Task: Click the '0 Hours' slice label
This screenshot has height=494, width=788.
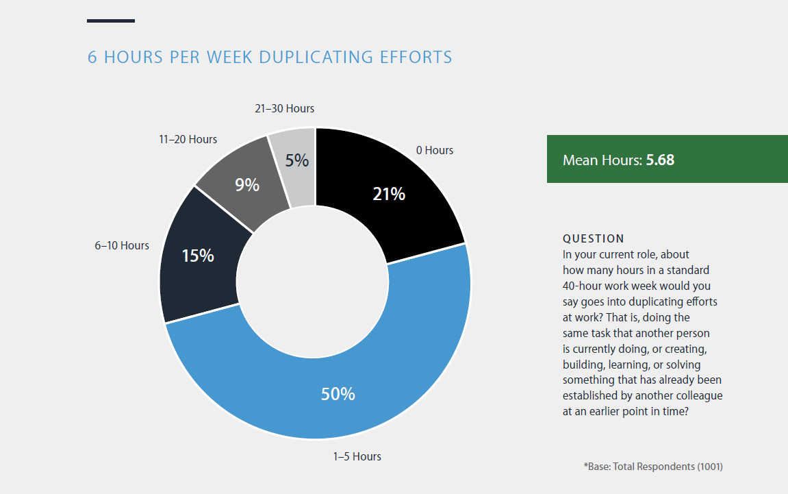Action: pyautogui.click(x=434, y=150)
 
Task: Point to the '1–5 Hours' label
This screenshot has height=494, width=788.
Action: pyautogui.click(x=357, y=456)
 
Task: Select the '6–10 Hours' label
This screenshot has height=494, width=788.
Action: pyautogui.click(x=122, y=245)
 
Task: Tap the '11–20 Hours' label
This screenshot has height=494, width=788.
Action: pyautogui.click(x=188, y=139)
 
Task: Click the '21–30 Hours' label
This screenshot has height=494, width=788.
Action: pyautogui.click(x=284, y=108)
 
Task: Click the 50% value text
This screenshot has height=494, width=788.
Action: pyautogui.click(x=338, y=394)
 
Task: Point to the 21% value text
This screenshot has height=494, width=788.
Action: pyautogui.click(x=389, y=195)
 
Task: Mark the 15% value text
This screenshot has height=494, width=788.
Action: pyautogui.click(x=198, y=256)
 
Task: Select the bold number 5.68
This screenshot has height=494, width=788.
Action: pyautogui.click(x=661, y=160)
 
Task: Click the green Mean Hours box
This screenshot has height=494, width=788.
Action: pyautogui.click(x=667, y=159)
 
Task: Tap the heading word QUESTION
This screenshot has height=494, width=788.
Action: pyautogui.click(x=593, y=238)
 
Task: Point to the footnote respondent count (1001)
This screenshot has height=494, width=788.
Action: pyautogui.click(x=709, y=467)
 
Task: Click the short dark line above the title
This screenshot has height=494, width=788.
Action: pyautogui.click(x=111, y=21)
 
